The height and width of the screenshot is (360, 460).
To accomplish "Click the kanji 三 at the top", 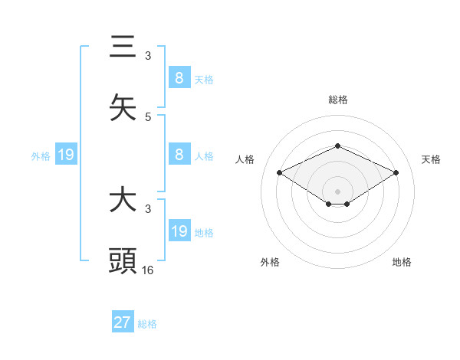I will [123, 47].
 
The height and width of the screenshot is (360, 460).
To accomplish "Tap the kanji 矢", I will [123, 107].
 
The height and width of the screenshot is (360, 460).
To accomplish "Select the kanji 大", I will [123, 201].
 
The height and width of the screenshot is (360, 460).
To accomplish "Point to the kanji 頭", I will [123, 260].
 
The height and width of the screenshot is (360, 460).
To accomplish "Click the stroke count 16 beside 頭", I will [148, 270].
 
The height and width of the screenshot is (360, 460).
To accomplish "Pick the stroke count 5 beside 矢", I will [148, 116].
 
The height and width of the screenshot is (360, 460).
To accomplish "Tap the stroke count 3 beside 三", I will [148, 56].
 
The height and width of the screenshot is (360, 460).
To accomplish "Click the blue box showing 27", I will [123, 322].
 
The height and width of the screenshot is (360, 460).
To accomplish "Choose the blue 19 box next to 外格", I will [65, 155].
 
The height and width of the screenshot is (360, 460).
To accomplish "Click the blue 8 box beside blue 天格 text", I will [179, 78].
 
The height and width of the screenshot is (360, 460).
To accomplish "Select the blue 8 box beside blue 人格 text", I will [179, 155].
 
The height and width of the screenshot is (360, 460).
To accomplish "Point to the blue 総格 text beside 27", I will [147, 324].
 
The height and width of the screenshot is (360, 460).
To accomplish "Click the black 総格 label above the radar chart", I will [337, 100].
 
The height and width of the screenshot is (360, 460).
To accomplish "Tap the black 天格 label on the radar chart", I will [432, 159].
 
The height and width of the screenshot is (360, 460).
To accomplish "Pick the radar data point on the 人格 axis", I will [280, 173].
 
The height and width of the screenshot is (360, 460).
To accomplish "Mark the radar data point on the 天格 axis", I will [396, 173].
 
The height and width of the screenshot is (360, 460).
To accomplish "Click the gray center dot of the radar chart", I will [337, 191].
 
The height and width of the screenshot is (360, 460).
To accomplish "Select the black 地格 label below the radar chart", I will [402, 262].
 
